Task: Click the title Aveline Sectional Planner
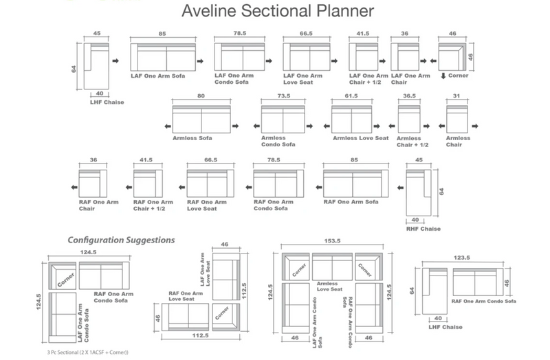(x=277, y=12)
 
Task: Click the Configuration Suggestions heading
(x=120, y=240)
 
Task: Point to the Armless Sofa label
(x=192, y=138)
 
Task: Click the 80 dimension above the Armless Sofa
(x=201, y=97)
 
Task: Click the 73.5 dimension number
(x=284, y=97)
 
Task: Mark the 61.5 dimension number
(x=352, y=97)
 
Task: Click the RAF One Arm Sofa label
(x=351, y=202)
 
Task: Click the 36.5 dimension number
(x=410, y=97)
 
